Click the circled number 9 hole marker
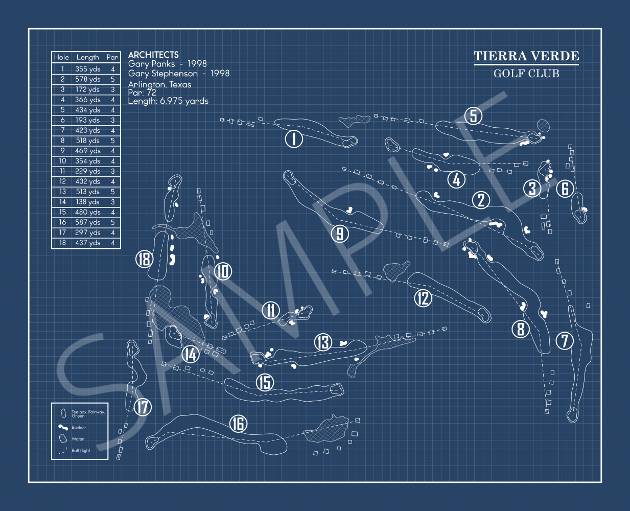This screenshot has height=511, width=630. (340, 234)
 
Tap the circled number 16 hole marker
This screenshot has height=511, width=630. (238, 424)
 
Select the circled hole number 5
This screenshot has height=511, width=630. (473, 115)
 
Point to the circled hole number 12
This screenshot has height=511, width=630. (423, 298)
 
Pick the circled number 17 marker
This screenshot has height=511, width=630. (143, 407)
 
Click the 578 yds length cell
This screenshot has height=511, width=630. (87, 79)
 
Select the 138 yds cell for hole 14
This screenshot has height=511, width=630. (87, 202)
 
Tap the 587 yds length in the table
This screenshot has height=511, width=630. (87, 222)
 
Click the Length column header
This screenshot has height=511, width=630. (87, 57)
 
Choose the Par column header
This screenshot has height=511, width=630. (112, 57)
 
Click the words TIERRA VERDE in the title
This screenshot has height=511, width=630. (526, 56)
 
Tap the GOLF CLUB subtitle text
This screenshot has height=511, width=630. (526, 74)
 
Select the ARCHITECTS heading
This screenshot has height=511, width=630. (153, 55)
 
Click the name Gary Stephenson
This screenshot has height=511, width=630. (162, 74)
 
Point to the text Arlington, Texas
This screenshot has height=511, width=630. (160, 85)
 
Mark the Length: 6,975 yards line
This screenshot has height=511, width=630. (168, 101)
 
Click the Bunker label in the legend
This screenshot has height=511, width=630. (78, 427)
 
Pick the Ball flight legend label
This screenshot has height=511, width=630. (81, 450)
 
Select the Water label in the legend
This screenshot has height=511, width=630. (78, 439)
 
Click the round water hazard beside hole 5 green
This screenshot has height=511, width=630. (543, 126)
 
